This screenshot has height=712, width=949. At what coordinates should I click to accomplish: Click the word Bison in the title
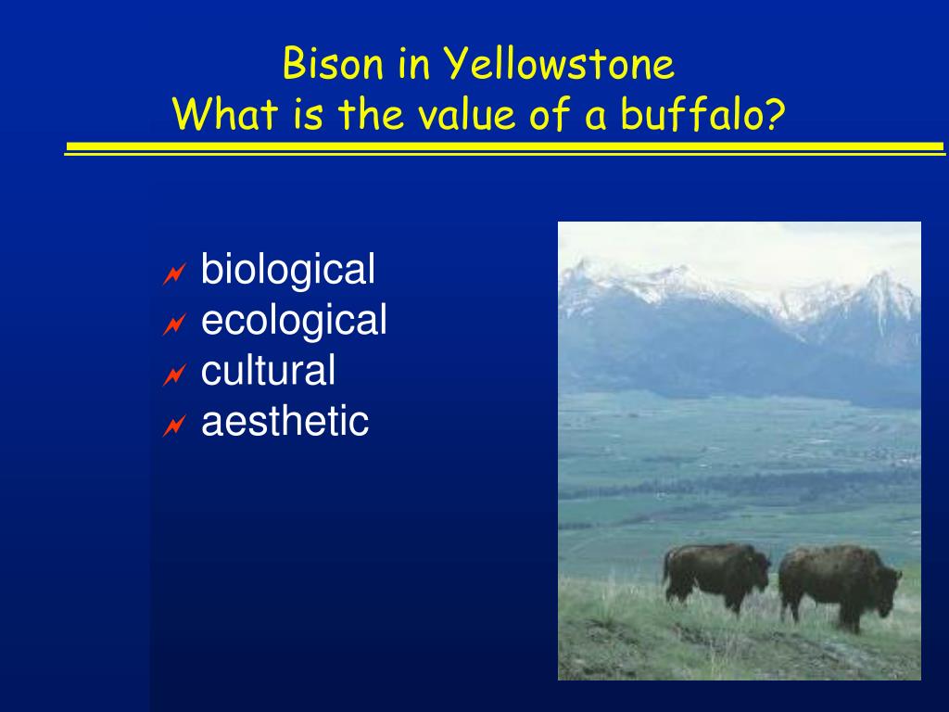coord(333,64)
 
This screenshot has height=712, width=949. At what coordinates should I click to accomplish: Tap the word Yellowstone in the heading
coord(559,64)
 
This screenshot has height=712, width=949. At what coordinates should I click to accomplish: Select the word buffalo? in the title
coord(702,114)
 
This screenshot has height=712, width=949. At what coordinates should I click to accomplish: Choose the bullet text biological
coord(287,270)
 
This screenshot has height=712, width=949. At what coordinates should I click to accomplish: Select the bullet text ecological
coord(294,320)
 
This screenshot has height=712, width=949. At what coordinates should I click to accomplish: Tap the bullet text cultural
coord(268,371)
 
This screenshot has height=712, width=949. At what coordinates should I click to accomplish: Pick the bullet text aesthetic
coord(285,422)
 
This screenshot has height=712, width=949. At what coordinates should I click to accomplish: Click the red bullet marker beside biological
coord(173,274)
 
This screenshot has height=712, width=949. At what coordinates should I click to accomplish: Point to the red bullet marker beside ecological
coord(173,325)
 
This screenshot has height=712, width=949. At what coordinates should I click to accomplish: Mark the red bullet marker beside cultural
coord(173,375)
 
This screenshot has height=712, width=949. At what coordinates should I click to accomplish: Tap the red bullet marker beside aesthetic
coord(173,426)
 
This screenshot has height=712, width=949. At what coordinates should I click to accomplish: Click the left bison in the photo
coord(716,575)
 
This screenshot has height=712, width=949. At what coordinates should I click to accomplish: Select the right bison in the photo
coord(839,585)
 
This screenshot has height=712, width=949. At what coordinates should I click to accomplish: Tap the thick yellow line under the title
coord(505,146)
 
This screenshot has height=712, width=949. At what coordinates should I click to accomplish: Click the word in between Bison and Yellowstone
coord(413,64)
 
